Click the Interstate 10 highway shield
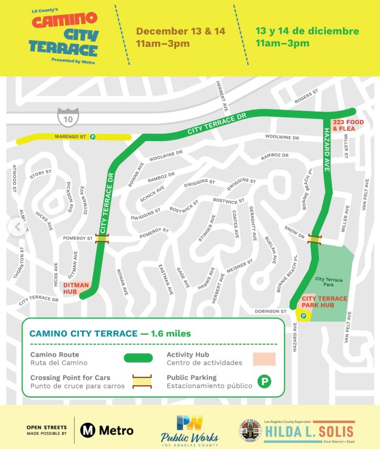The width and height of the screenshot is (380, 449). point(68,117)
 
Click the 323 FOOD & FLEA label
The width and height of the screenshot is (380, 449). point(348,125)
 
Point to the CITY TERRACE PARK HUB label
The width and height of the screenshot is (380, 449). point(324,302)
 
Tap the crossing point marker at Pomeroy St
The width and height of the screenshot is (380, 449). point(102,238)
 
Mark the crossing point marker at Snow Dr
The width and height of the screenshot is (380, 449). point(315,240)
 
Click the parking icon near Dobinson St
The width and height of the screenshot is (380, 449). point(303,315)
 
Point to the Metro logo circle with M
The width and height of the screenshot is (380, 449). point(87,430)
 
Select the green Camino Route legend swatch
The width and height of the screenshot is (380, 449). point(138,358)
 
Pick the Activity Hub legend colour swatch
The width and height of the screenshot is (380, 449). point(264,358)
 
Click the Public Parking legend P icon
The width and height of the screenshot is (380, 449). point(264,381)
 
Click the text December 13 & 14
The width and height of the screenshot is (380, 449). point(181,31)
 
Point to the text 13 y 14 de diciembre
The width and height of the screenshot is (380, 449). point(307,31)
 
